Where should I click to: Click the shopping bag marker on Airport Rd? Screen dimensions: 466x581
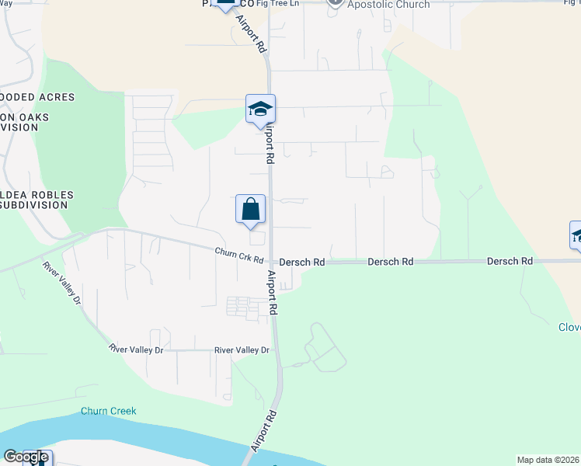(x=251, y=210)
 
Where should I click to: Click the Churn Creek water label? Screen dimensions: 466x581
(x=108, y=411)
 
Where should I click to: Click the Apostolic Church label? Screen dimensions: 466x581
(x=388, y=5)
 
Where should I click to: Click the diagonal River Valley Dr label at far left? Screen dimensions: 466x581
(x=62, y=282)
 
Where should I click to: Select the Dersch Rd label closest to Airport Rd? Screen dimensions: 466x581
(x=301, y=263)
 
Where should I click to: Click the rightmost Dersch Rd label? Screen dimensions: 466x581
(x=510, y=262)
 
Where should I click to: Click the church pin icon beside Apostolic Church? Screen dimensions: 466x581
(x=335, y=4)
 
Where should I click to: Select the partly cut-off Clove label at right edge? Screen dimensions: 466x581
(x=569, y=328)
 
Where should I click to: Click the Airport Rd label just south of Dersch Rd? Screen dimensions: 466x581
(x=273, y=293)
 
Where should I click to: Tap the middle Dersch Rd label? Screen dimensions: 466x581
(x=390, y=263)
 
